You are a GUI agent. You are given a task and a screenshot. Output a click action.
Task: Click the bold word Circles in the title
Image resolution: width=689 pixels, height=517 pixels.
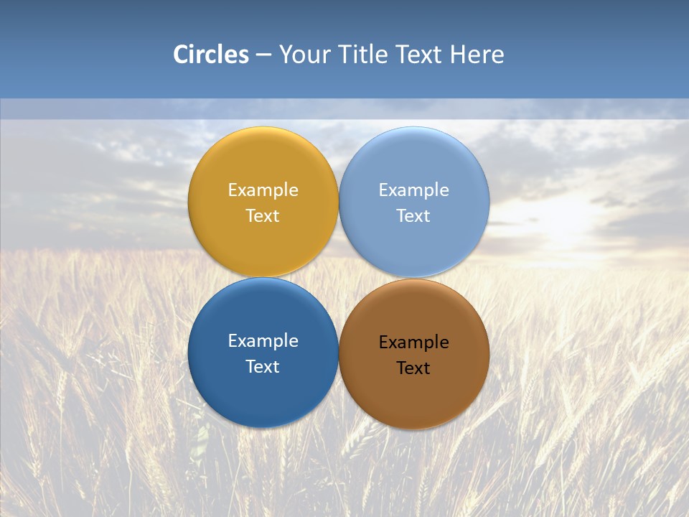coord(211,55)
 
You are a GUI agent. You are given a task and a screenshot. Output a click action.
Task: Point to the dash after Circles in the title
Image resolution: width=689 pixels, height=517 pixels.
coord(263,55)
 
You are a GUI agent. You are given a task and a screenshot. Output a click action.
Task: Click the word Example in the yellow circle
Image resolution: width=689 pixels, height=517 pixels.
coord(263,190)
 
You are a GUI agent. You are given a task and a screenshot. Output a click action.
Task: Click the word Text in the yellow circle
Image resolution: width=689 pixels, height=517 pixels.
coord(263,216)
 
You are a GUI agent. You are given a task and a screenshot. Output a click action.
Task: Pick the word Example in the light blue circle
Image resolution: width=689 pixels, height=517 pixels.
coord(414,190)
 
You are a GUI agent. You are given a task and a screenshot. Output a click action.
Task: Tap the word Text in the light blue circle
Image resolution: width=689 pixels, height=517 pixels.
coord(414,216)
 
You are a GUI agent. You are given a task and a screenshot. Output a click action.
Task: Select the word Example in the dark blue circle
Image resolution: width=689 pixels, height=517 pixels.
coord(263,341)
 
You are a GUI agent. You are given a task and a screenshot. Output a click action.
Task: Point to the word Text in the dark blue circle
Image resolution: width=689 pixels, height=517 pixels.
coord(263,367)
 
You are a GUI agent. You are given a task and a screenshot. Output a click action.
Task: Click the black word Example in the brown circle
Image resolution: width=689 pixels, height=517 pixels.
coord(414,343)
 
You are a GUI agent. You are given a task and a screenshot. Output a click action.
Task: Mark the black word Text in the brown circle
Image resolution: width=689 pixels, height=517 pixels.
coord(414,368)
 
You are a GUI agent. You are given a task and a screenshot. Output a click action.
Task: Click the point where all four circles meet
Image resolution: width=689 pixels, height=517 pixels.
coord(339,278)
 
